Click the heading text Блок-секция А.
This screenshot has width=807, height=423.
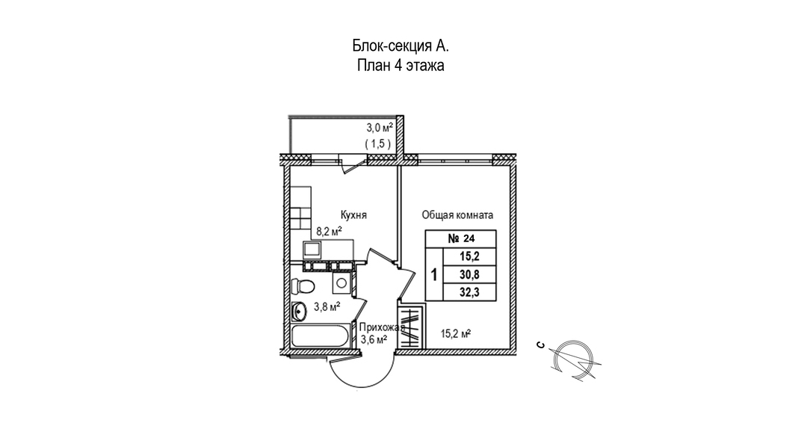[401, 46]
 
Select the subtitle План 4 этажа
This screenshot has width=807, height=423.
[401, 66]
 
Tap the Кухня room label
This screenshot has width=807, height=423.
[353, 215]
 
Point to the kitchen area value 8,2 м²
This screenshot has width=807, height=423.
[329, 232]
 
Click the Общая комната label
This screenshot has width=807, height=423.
[457, 215]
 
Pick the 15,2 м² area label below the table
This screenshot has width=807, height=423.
[457, 334]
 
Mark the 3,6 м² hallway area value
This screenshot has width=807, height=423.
[374, 339]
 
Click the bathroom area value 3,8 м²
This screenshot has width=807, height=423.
[327, 307]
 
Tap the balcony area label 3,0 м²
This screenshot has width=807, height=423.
[380, 128]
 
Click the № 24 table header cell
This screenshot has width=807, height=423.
[460, 238]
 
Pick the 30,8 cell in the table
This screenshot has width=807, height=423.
[469, 275]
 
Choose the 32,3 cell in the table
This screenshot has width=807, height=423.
[469, 292]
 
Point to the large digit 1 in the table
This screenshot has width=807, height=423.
[434, 275]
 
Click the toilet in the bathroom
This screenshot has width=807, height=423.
[302, 285]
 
